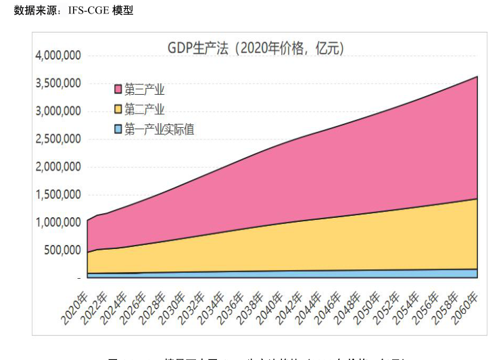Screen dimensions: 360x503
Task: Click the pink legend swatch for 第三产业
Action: coord(118,89)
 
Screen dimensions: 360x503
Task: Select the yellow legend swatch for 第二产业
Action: coord(118,109)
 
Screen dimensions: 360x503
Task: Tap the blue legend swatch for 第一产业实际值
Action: coord(118,129)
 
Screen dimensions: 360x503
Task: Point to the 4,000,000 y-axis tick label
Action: coord(58,55)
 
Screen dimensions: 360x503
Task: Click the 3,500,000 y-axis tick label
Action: coord(58,83)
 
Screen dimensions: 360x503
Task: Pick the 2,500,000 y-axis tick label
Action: coord(58,139)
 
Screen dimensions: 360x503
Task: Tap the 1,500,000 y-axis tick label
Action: coord(58,194)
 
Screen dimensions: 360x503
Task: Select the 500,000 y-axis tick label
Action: coord(62,250)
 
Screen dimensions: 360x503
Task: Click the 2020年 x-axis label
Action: coord(75,308)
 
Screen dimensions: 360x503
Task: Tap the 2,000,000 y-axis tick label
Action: coord(58,166)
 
